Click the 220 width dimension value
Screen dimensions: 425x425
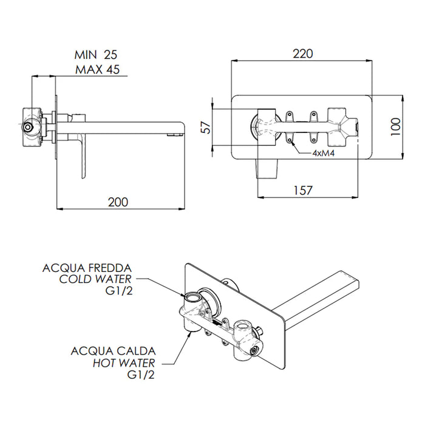pyautogui.click(x=301, y=53)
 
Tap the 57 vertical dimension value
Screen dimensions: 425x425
pyautogui.click(x=206, y=128)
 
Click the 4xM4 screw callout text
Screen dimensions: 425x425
pyautogui.click(x=325, y=153)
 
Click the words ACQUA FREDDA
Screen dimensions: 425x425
pyautogui.click(x=87, y=267)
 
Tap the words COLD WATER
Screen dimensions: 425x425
pyautogui.click(x=95, y=279)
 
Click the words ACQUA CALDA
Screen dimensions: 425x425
pyautogui.click(x=114, y=351)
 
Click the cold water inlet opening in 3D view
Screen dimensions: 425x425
pyautogui.click(x=193, y=298)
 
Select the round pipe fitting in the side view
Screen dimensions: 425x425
pyautogui.click(x=29, y=128)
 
